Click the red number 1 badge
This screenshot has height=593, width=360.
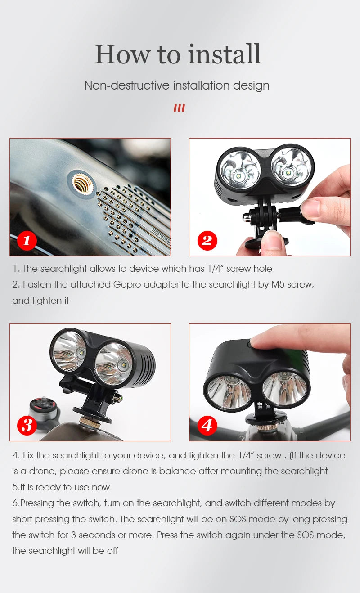tap(27, 241)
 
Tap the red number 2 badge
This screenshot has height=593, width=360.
tap(207, 241)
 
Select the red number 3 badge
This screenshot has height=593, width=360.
tap(27, 426)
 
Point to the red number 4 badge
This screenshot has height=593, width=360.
tap(207, 426)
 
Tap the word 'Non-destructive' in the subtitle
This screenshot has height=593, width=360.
tap(127, 85)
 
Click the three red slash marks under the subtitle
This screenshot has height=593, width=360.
tap(180, 108)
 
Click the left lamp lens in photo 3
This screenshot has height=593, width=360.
tap(69, 351)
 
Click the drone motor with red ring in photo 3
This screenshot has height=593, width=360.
tap(43, 411)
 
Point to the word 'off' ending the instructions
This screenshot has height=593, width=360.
tap(112, 551)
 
